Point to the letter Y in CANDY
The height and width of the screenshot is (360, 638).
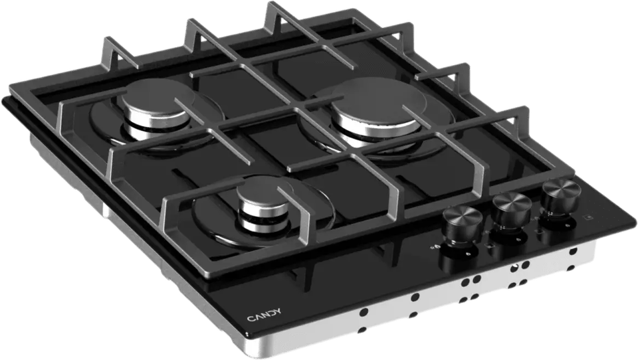tap(278, 312)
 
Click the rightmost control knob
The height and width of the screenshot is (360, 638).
tap(561, 199)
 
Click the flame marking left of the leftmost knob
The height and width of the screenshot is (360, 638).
tap(435, 246)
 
